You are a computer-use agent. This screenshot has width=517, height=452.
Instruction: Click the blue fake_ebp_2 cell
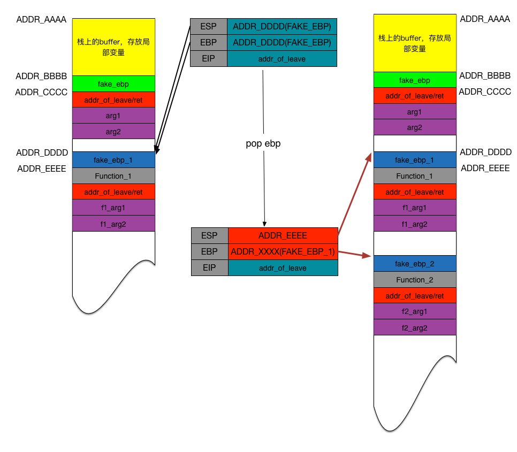415,264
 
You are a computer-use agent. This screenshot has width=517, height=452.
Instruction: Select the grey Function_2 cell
415,280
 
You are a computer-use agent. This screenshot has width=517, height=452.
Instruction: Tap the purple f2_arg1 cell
415,311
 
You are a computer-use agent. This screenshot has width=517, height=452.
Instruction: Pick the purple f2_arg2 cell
415,327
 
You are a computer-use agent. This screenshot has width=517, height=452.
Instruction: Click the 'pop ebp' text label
263,144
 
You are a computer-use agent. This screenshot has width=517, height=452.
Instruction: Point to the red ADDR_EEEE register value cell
283,235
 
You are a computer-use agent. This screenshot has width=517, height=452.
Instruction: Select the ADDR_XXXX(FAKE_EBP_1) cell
283,251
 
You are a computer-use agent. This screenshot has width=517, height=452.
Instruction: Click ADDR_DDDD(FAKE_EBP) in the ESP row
282,26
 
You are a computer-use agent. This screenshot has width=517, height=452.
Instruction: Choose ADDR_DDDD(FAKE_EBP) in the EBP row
282,42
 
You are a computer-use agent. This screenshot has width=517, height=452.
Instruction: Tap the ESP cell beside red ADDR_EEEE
210,235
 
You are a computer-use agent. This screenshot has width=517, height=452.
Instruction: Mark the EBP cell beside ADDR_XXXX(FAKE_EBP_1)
210,251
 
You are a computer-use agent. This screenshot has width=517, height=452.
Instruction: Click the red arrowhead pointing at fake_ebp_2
368,256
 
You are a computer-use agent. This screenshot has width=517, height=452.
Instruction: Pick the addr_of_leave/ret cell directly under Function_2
415,296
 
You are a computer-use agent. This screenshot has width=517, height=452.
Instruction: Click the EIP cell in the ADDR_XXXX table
210,267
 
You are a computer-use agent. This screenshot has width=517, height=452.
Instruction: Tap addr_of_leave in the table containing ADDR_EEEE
283,267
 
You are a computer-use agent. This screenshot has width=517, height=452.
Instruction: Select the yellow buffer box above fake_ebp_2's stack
415,43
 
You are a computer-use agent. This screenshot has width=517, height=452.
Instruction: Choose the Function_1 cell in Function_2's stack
415,176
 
